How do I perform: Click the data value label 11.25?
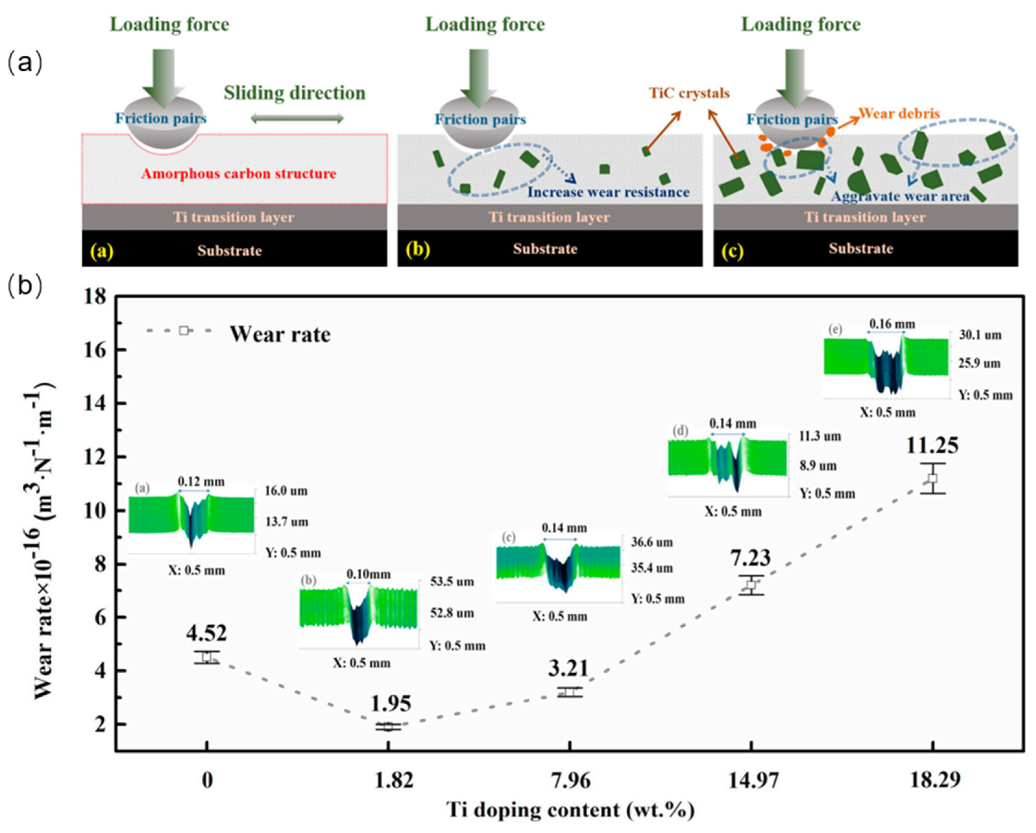(932, 445)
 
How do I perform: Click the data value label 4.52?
(206, 633)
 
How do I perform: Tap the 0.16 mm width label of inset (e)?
(892, 324)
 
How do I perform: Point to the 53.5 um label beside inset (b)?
(452, 582)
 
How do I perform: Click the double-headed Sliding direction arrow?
(297, 118)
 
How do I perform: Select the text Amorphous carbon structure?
(239, 173)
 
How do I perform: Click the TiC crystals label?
(689, 93)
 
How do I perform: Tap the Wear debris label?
(899, 114)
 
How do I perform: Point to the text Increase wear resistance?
(608, 192)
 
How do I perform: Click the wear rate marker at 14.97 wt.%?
(751, 585)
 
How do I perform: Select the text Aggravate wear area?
(900, 196)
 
